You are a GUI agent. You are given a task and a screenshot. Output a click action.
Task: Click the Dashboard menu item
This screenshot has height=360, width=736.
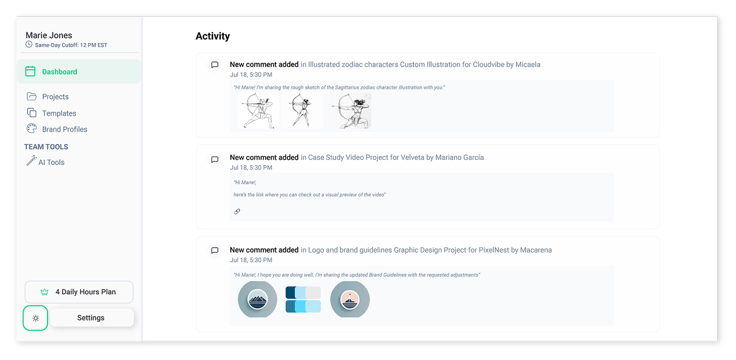[59, 71]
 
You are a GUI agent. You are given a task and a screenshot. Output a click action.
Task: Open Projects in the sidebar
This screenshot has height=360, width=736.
[55, 97]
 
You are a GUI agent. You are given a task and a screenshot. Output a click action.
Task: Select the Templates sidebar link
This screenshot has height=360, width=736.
[59, 113]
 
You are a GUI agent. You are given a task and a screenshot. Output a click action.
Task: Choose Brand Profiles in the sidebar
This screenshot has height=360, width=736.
[64, 129]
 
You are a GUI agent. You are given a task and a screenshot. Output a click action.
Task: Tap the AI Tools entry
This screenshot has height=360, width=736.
[51, 162]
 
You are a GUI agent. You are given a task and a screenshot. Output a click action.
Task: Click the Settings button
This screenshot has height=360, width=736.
[91, 317]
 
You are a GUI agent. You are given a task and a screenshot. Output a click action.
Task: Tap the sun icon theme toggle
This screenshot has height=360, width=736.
[35, 318]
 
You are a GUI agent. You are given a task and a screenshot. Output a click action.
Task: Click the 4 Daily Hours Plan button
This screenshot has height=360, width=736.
[79, 292]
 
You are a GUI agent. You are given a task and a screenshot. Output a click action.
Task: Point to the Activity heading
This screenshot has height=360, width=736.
[213, 36]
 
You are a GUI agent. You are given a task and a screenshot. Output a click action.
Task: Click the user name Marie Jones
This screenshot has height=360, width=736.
[49, 35]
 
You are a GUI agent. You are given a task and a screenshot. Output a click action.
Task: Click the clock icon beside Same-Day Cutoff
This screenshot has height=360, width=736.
[29, 45]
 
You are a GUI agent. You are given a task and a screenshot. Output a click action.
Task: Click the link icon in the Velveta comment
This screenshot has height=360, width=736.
[237, 212]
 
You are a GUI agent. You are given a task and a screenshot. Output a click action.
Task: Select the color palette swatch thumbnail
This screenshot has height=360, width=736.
[303, 299]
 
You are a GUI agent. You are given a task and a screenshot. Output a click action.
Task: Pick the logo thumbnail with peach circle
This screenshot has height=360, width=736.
[349, 299]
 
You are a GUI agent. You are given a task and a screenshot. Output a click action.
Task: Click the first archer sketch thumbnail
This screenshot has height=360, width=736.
[258, 111]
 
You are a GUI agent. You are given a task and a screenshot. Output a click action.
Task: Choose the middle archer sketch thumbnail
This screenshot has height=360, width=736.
[303, 111]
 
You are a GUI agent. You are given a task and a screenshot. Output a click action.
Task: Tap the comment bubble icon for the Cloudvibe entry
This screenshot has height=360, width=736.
[215, 65]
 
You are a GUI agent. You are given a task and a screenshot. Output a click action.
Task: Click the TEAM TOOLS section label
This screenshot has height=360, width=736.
[46, 147]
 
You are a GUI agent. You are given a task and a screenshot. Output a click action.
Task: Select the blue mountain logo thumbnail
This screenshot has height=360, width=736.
[257, 299]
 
